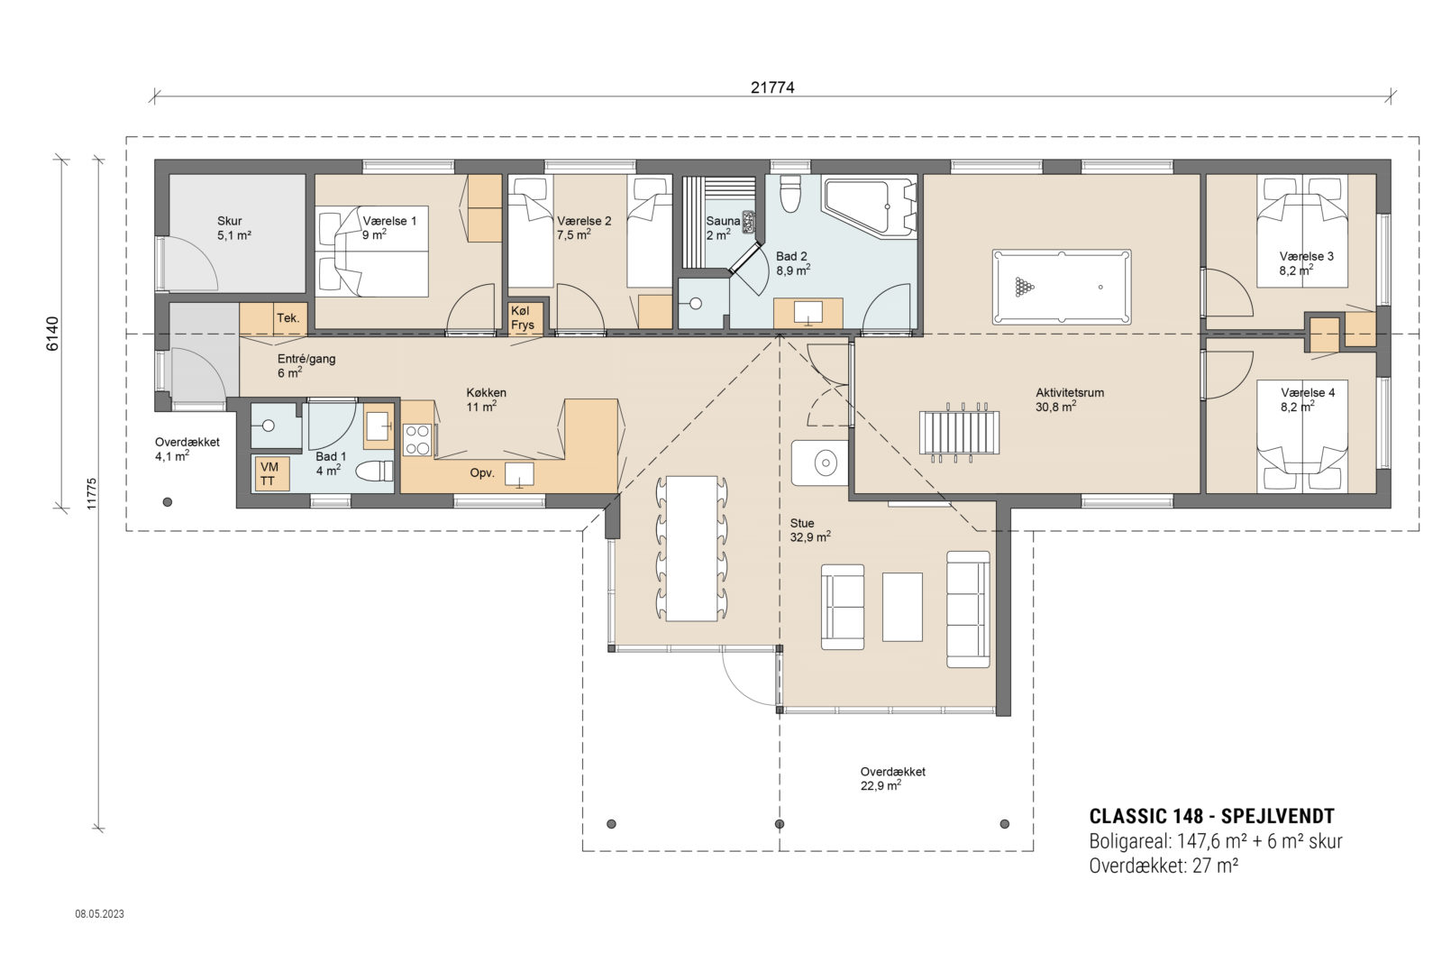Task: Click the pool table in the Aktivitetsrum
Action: pyautogui.click(x=1061, y=287)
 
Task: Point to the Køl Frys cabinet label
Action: pyautogui.click(x=523, y=318)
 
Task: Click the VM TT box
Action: pyautogui.click(x=269, y=473)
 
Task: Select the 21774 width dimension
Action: pyautogui.click(x=772, y=87)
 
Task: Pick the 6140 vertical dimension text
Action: pyautogui.click(x=52, y=334)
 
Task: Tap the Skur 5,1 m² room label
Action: pyautogui.click(x=232, y=227)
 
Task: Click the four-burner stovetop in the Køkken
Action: pyautogui.click(x=416, y=440)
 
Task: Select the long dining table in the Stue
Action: pyautogui.click(x=691, y=547)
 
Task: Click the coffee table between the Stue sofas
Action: pyautogui.click(x=902, y=606)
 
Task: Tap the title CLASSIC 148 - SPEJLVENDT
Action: pyautogui.click(x=1211, y=816)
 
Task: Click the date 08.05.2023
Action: pyautogui.click(x=99, y=913)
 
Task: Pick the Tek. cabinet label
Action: pyautogui.click(x=287, y=317)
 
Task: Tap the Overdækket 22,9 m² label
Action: pyautogui.click(x=891, y=778)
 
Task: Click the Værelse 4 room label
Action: pyautogui.click(x=1307, y=399)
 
